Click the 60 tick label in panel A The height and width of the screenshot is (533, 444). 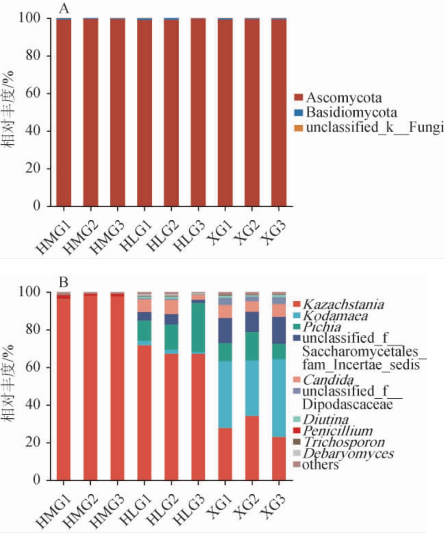[38, 94]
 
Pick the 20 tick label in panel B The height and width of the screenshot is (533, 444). [38, 442]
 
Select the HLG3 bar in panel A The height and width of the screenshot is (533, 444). [198, 114]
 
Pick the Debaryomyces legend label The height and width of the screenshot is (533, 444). [348, 454]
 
